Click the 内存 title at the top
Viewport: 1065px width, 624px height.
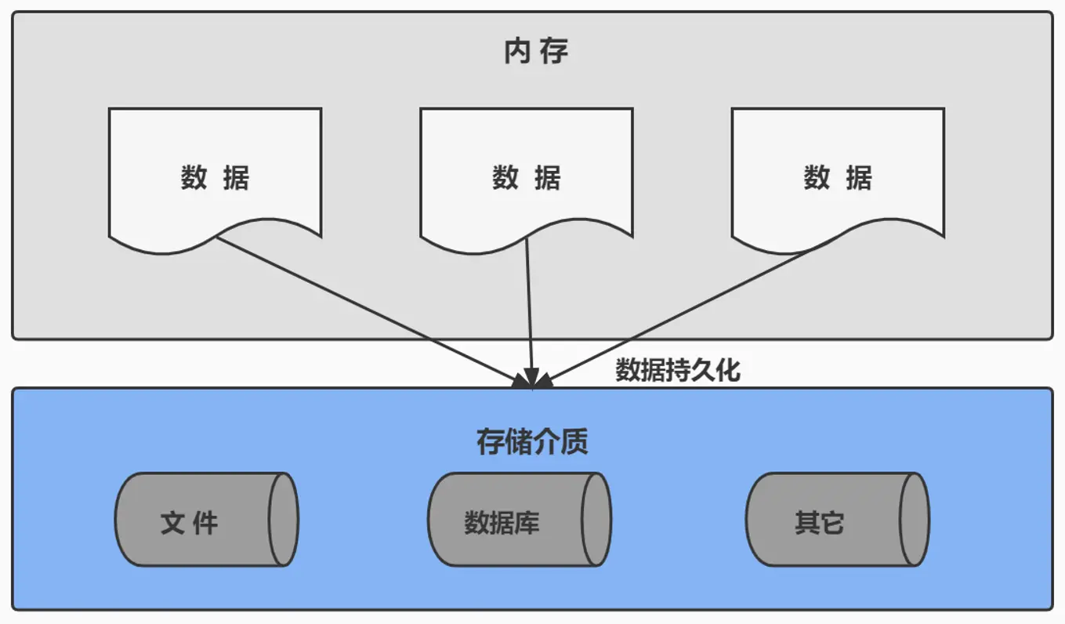click(536, 52)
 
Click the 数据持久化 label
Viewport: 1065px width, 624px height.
click(677, 370)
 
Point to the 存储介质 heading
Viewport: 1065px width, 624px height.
click(532, 442)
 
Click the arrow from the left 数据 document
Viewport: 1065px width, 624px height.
click(368, 310)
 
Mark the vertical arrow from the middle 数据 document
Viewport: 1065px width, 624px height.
click(530, 314)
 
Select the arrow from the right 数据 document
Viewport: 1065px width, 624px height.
click(690, 309)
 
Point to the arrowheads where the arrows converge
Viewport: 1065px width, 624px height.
click(533, 381)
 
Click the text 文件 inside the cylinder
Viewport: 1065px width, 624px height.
click(189, 522)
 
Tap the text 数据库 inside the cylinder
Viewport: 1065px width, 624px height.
click(502, 522)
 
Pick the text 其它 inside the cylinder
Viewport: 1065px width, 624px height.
click(819, 522)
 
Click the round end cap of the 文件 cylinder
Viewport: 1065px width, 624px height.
click(283, 519)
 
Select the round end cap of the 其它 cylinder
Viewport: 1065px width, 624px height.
click(914, 519)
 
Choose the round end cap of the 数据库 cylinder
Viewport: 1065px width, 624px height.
click(596, 519)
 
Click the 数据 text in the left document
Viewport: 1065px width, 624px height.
click(215, 178)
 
